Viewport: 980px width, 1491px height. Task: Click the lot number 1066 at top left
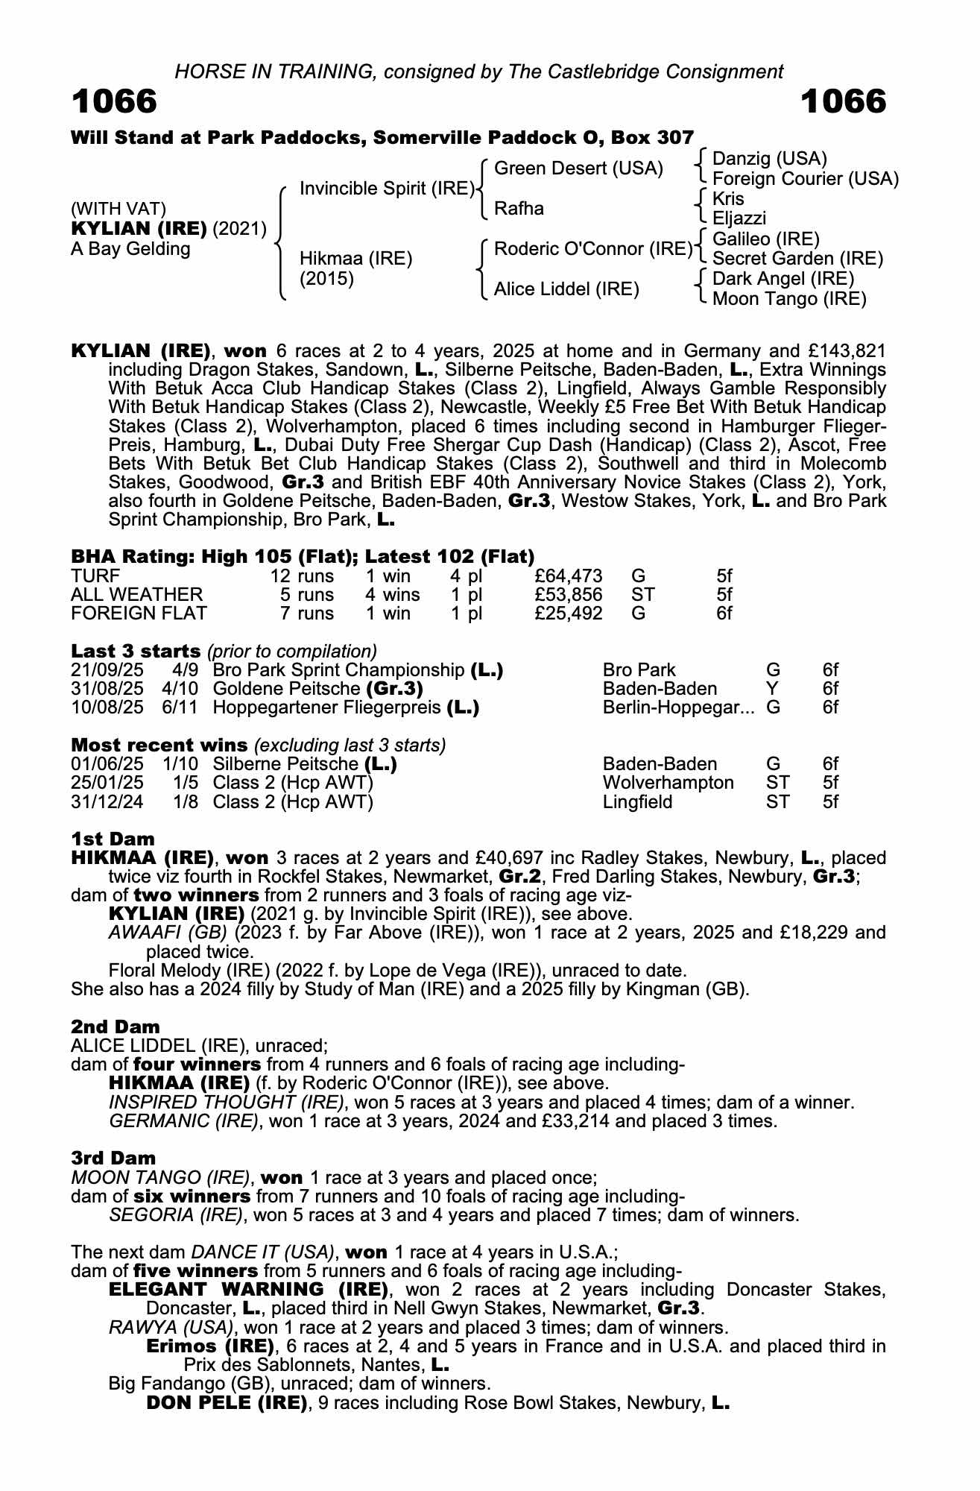[114, 101]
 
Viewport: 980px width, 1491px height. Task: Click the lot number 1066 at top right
[843, 101]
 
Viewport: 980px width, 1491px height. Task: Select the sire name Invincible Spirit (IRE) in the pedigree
[387, 189]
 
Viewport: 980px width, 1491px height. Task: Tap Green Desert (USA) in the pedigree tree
[578, 168]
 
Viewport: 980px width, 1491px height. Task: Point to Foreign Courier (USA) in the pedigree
[805, 179]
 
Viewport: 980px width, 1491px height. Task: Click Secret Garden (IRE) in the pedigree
[797, 259]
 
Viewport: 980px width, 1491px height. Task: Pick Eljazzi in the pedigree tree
[739, 218]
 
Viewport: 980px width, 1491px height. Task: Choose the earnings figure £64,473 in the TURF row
[569, 576]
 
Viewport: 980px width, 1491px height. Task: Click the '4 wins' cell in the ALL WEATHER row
[392, 595]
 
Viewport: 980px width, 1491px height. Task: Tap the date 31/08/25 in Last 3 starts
[107, 689]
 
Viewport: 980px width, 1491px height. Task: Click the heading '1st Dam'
[113, 839]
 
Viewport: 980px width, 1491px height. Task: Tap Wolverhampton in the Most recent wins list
[668, 783]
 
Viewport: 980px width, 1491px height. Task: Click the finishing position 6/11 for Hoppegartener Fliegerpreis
[180, 707]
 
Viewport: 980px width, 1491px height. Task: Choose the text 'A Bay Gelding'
[130, 249]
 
